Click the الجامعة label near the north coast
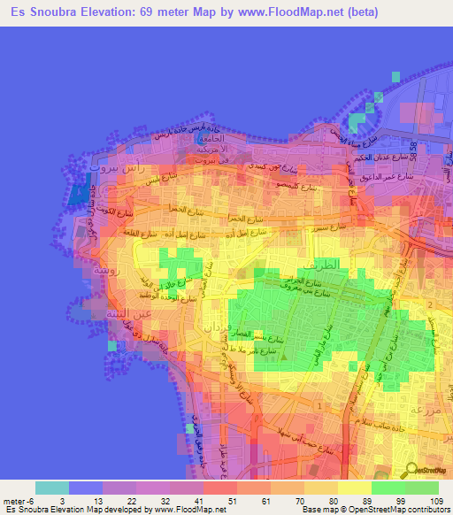click(212, 139)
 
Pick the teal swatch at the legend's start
click(52, 488)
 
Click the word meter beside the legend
click(12, 501)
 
